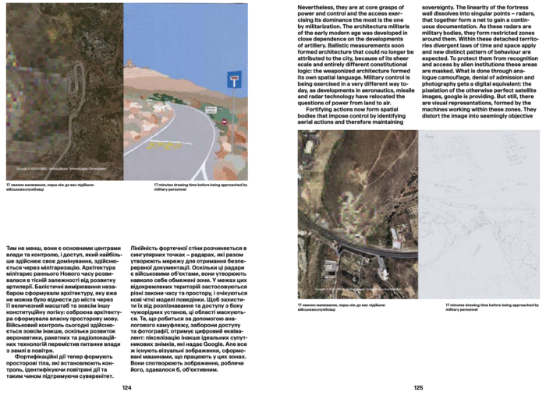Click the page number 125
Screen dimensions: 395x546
pos(418,387)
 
